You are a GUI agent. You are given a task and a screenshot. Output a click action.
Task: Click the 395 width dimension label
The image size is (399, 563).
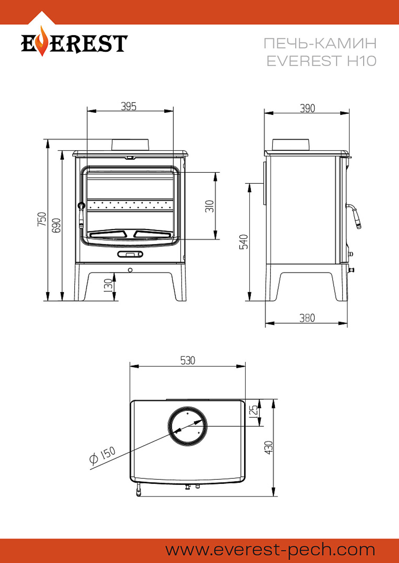pos(128,106)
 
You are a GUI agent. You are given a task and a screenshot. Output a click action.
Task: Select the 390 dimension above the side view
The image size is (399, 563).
pos(307,108)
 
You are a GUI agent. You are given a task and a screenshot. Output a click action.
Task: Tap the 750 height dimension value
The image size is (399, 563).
pos(42,219)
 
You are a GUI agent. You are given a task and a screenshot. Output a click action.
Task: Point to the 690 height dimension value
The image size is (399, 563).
pos(56,225)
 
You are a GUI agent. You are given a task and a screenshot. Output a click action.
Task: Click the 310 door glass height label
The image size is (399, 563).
pos(210,206)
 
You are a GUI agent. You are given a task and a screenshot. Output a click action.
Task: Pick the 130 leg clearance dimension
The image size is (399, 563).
pos(108,285)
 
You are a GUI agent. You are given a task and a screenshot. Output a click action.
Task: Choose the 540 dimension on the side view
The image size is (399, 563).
pos(243,242)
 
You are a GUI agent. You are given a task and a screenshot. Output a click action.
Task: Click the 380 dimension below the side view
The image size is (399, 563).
pos(307,318)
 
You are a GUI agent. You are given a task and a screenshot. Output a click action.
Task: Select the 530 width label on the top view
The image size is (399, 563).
pos(188,360)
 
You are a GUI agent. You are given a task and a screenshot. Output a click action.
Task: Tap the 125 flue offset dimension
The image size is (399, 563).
pos(253,411)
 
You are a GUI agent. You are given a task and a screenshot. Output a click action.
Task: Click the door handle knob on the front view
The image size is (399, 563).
pos(81,205)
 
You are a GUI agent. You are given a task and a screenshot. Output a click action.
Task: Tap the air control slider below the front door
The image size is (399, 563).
pos(130,254)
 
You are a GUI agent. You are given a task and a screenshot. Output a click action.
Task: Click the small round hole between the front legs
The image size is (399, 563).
pos(130,270)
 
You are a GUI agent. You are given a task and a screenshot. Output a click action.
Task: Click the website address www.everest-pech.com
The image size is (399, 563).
pos(270,550)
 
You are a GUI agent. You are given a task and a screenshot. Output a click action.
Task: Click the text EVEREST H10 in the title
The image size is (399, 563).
pos(321,61)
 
